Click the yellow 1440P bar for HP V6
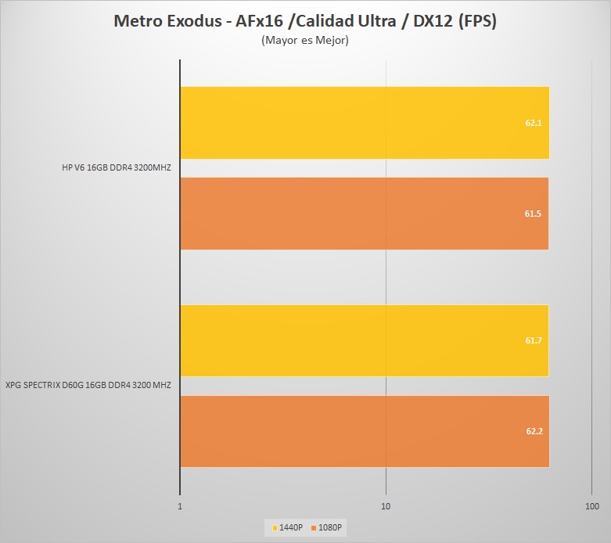[x=365, y=123]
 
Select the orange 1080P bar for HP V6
[x=365, y=214]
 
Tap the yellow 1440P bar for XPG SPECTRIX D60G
[x=365, y=340]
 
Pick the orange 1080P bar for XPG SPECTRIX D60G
[x=365, y=431]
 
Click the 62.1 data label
[x=534, y=123]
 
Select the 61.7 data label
[x=534, y=340]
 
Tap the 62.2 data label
[x=534, y=431]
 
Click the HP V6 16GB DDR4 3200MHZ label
[x=116, y=167]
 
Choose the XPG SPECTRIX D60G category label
[x=88, y=385]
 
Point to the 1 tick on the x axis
[x=181, y=507]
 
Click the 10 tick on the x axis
[x=386, y=507]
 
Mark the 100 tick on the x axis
[x=592, y=507]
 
